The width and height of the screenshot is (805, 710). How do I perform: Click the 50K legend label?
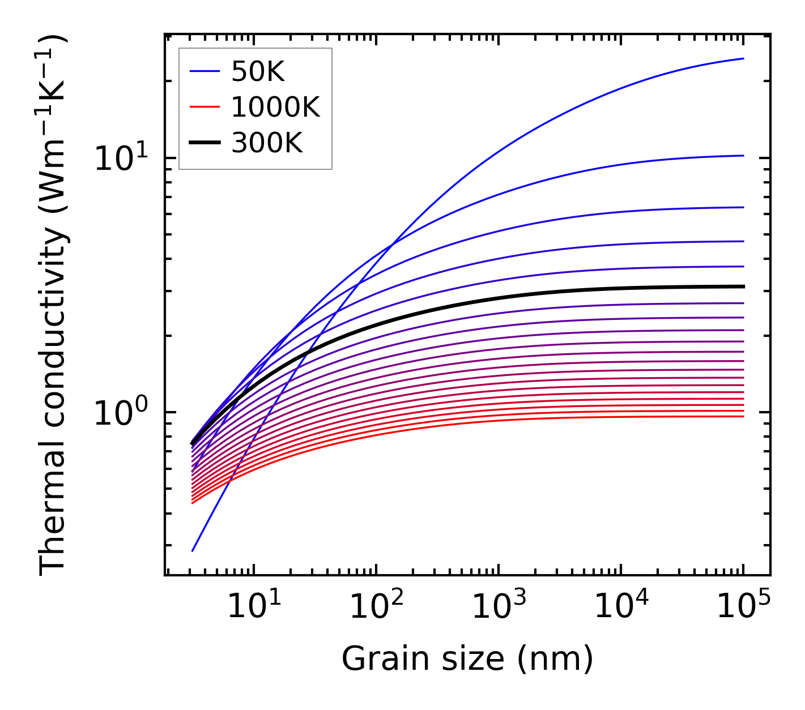(258, 72)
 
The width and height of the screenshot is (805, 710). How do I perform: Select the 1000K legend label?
(275, 107)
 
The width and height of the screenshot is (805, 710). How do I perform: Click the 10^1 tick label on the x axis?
(254, 607)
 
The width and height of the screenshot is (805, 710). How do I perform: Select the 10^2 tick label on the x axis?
(376, 607)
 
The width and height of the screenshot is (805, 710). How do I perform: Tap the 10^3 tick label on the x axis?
(499, 607)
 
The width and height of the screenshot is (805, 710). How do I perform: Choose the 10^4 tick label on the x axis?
(621, 607)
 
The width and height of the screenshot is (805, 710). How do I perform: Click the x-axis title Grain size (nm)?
(467, 659)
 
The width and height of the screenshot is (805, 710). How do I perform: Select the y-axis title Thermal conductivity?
(54, 306)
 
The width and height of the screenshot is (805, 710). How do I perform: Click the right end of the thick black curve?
(743, 286)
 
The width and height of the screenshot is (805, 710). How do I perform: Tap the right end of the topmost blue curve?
(743, 58)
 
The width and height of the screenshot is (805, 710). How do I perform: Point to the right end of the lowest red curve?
(743, 417)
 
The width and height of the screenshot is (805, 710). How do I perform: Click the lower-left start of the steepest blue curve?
(193, 550)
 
